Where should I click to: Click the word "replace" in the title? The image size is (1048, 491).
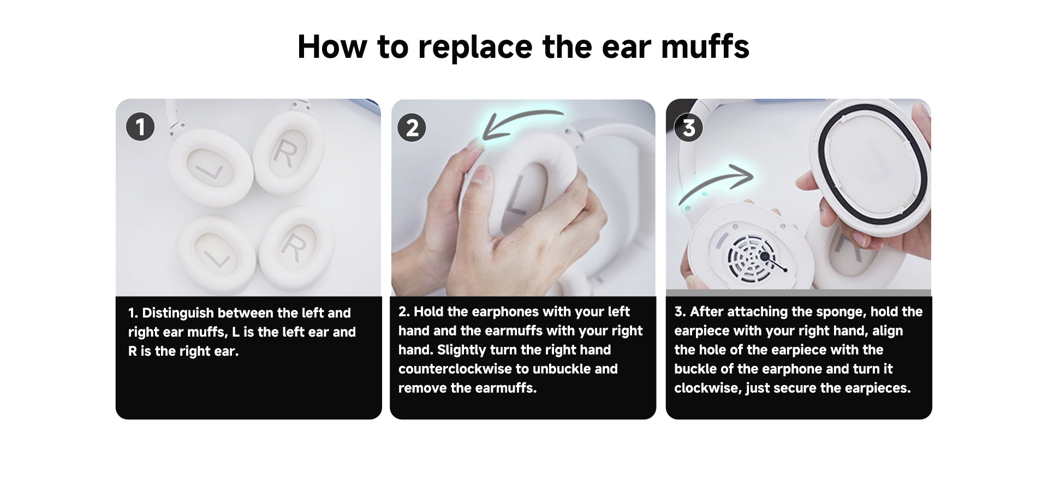475,47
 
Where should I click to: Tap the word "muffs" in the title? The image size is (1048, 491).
705,46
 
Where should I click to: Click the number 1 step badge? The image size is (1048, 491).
140,127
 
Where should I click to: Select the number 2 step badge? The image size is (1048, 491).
412,128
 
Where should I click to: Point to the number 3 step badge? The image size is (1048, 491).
688,128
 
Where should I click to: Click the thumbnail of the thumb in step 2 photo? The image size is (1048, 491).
480,176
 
